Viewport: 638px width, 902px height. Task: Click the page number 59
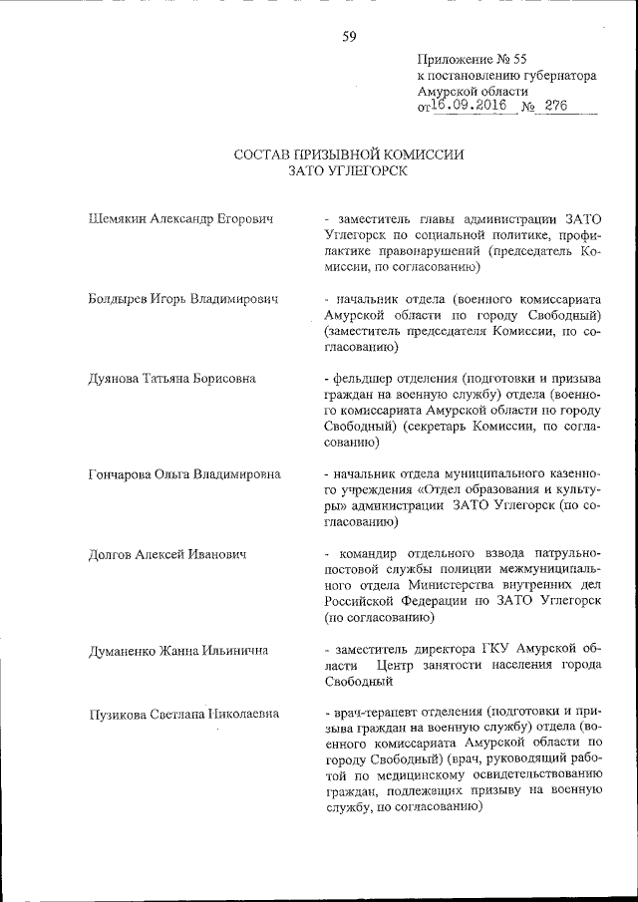(349, 37)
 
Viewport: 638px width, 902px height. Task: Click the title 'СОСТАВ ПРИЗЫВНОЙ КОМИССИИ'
(348, 154)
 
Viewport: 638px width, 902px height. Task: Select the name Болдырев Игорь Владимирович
(182, 299)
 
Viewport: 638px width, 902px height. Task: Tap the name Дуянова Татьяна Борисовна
(171, 379)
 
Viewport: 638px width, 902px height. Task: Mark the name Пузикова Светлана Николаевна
(183, 714)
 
